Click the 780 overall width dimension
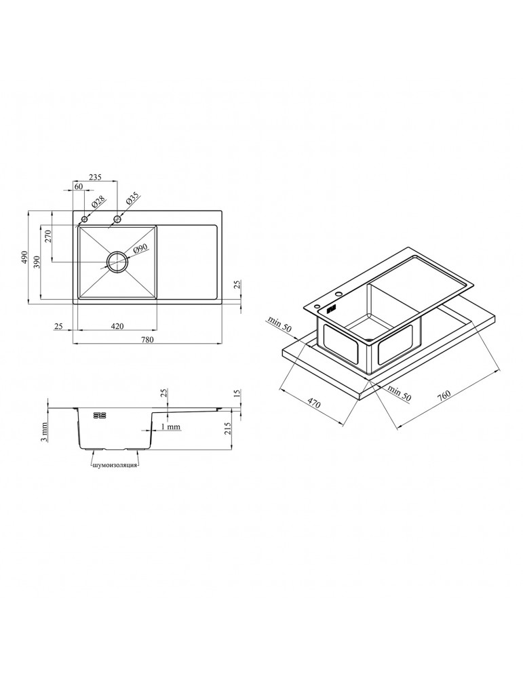[147, 340]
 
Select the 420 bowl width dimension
[117, 326]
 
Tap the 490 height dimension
[24, 257]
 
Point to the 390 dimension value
[37, 262]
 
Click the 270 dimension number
[48, 236]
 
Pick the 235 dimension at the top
[95, 177]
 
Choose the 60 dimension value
[78, 186]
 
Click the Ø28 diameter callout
[98, 202]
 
